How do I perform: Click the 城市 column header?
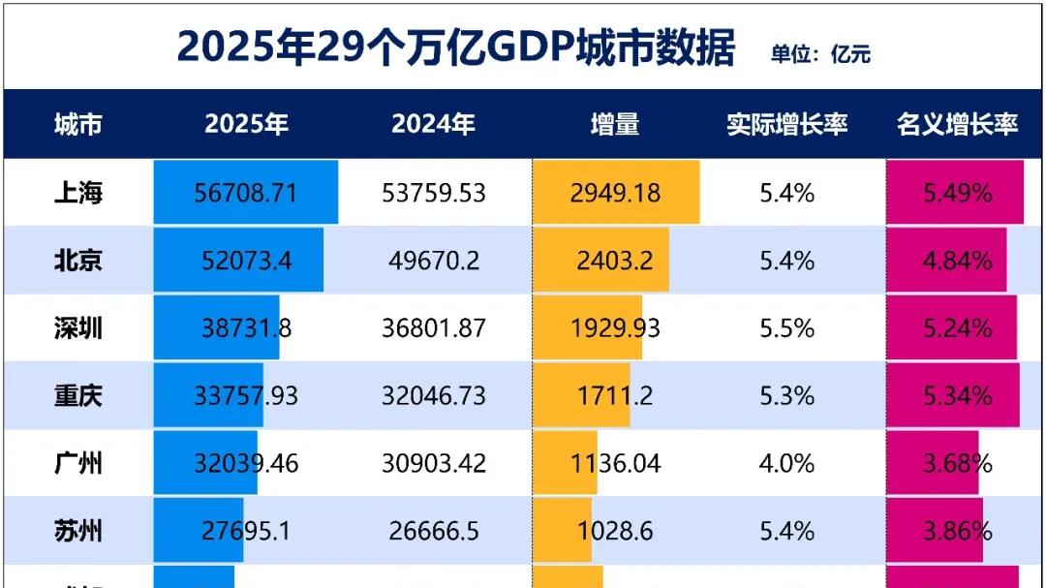[77, 125]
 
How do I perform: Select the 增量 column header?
[615, 125]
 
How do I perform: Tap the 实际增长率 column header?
[786, 125]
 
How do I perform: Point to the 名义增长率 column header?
[957, 125]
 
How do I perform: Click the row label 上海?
[77, 193]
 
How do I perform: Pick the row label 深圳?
[77, 328]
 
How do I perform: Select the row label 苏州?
[77, 531]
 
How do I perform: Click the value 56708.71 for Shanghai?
[246, 193]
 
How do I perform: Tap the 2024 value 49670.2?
[433, 261]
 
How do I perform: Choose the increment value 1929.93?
[615, 328]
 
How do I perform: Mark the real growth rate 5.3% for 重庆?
[786, 396]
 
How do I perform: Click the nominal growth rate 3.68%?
[957, 464]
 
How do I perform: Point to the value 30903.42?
[433, 464]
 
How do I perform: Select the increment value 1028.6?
[615, 531]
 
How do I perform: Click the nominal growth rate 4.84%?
[957, 261]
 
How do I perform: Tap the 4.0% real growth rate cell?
[786, 464]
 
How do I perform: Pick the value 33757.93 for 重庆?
[246, 396]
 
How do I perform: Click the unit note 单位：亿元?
[820, 54]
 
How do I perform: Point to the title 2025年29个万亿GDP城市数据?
[455, 47]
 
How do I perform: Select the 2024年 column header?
[433, 125]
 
